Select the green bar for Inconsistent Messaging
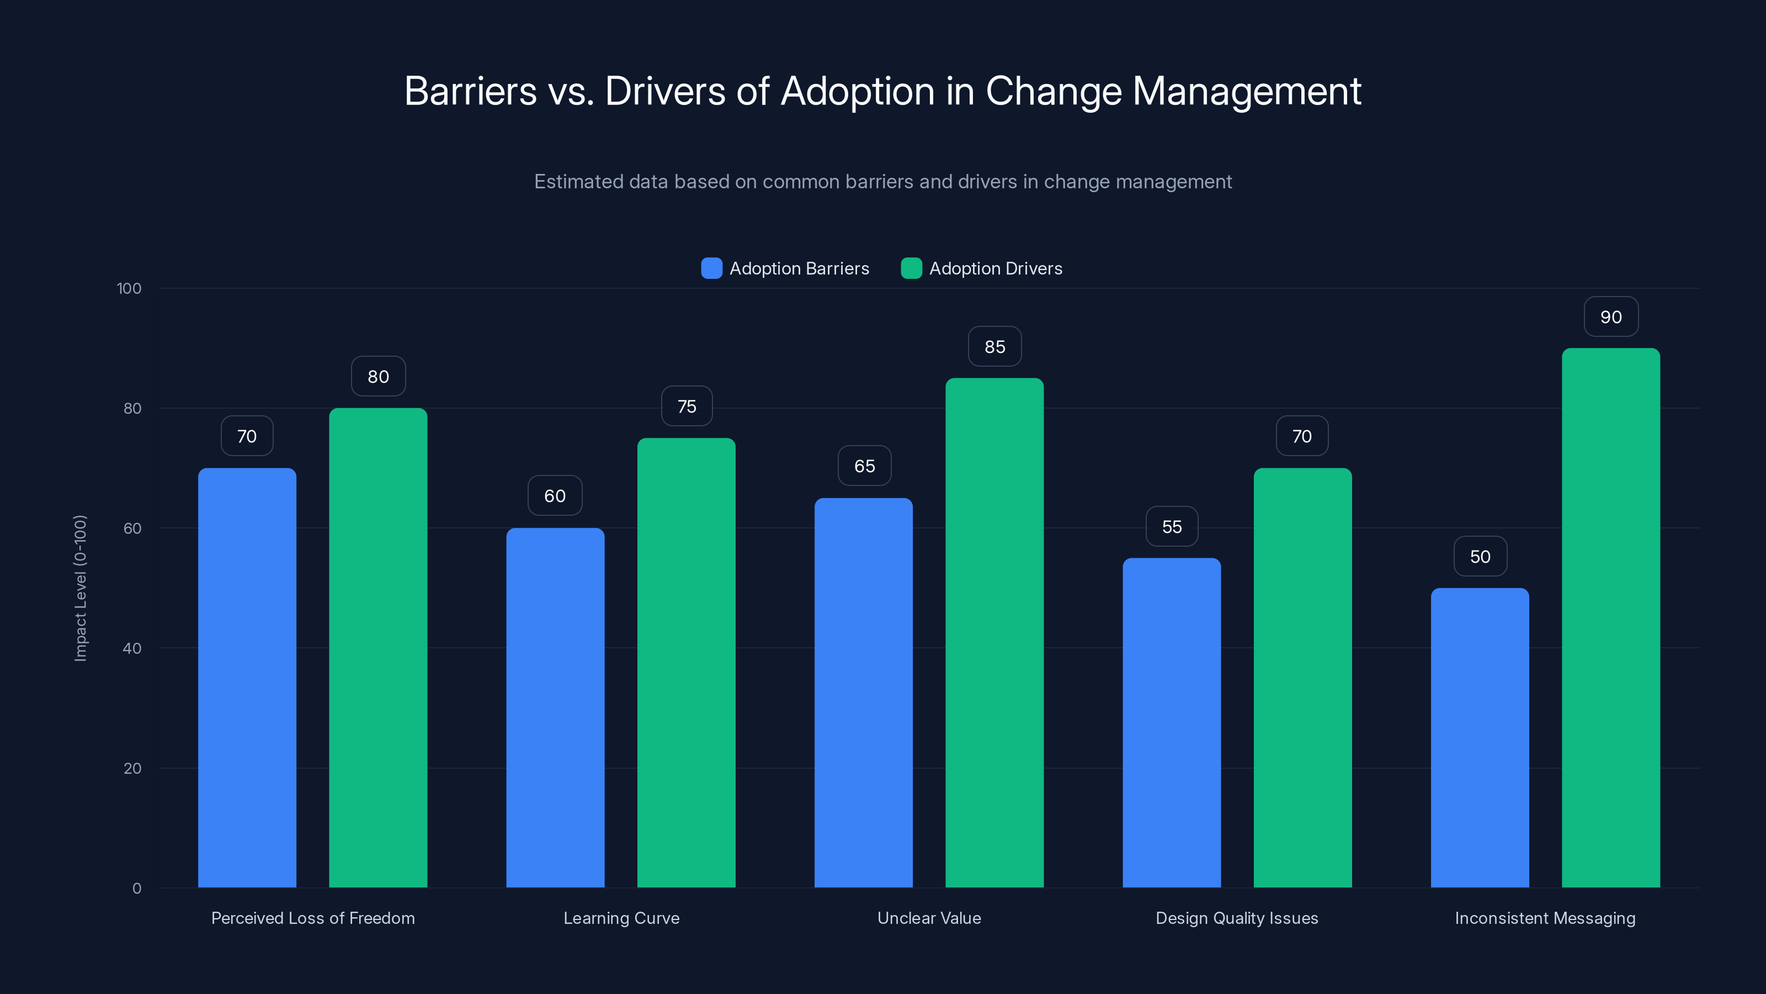pyautogui.click(x=1610, y=617)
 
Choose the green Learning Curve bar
pyautogui.click(x=686, y=663)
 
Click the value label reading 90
pyautogui.click(x=1611, y=317)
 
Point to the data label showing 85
pyautogui.click(x=994, y=347)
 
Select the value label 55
pyautogui.click(x=1172, y=527)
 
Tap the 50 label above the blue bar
pyautogui.click(x=1480, y=556)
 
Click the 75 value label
pyautogui.click(x=686, y=407)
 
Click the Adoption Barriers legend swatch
pyautogui.click(x=711, y=268)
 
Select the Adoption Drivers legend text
pyautogui.click(x=996, y=268)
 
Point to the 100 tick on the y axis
pyautogui.click(x=129, y=288)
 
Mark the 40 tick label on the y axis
pyautogui.click(x=132, y=648)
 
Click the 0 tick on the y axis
pyautogui.click(x=136, y=889)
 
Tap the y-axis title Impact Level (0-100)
pyautogui.click(x=80, y=588)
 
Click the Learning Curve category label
pyautogui.click(x=621, y=918)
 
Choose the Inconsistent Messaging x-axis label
pyautogui.click(x=1545, y=918)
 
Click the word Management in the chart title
pyautogui.click(x=1246, y=91)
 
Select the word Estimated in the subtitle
pyautogui.click(x=578, y=182)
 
